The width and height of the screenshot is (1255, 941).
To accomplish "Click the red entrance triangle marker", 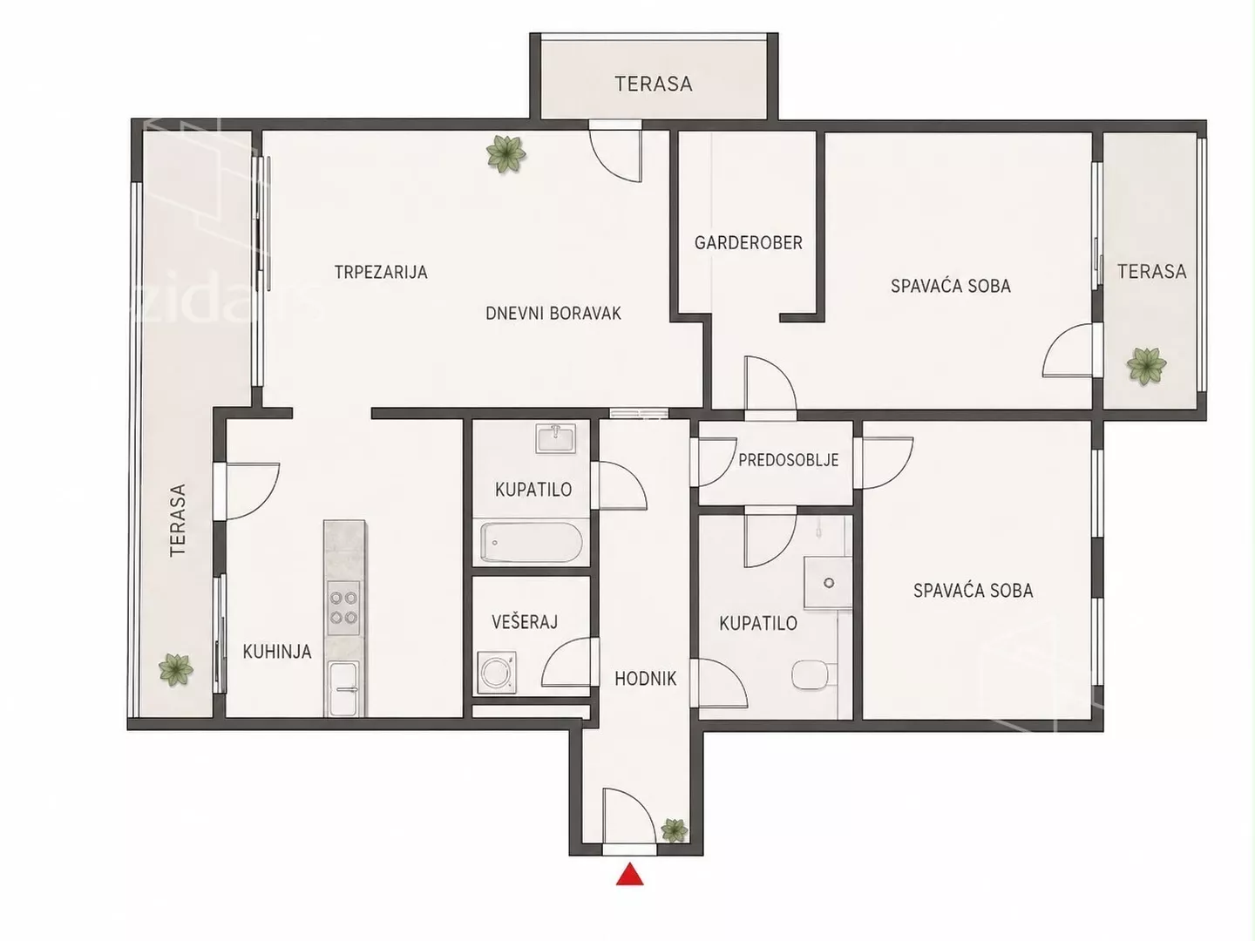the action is (629, 874).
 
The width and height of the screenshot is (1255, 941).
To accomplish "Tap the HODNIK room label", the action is (646, 679).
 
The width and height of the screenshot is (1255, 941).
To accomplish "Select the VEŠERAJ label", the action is (525, 622).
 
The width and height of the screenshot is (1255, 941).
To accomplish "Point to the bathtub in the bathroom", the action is (531, 543).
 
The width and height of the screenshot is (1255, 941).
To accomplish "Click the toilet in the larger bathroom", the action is (814, 675).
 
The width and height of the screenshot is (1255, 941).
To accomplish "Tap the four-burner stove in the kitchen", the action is (343, 607).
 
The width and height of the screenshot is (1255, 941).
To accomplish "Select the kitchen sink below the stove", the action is (343, 688).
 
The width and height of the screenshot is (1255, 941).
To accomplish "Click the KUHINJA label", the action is (277, 652).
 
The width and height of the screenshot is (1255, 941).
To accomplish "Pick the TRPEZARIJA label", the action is (381, 272).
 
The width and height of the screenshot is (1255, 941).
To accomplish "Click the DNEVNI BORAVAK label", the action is (553, 313).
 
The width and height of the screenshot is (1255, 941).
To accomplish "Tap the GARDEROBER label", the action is (748, 243).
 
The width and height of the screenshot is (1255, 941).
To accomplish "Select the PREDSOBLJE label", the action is (789, 460).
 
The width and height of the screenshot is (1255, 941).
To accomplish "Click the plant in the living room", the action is (506, 153).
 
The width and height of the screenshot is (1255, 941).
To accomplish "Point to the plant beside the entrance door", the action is (674, 830).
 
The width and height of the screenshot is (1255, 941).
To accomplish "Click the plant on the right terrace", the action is (1146, 366).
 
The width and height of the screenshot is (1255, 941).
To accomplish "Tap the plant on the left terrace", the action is (175, 670).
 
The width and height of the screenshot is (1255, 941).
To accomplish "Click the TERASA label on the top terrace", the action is (654, 84).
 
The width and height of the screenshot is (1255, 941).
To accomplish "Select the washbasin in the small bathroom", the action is (555, 439).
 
